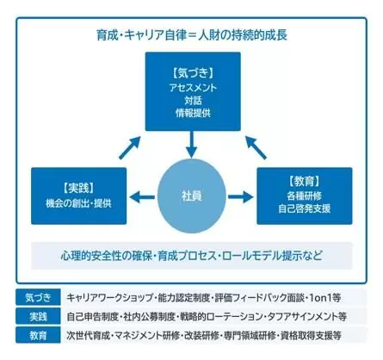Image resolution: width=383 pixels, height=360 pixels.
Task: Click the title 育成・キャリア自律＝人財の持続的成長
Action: [x=192, y=35]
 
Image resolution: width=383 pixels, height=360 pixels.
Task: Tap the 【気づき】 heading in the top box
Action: [x=193, y=73]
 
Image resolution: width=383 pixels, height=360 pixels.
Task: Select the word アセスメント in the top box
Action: [x=193, y=88]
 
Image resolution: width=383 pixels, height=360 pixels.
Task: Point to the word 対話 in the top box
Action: [x=193, y=100]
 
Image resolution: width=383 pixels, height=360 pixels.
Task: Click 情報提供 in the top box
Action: [x=193, y=113]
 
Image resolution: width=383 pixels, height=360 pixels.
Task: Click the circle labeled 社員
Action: [x=192, y=196]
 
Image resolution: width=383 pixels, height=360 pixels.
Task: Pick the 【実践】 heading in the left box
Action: [x=79, y=188]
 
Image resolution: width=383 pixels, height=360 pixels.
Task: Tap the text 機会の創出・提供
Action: [x=78, y=203]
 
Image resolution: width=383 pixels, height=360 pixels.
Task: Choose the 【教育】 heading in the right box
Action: [x=305, y=181]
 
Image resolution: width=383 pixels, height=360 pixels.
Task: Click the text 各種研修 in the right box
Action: [x=305, y=196]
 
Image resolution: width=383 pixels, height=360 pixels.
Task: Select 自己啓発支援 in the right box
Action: [x=305, y=208]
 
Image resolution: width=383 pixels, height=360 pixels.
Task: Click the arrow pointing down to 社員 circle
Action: [x=192, y=144]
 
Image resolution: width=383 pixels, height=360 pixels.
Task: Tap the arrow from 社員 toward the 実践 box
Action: [x=142, y=197]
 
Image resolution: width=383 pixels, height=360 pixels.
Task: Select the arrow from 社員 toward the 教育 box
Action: [x=241, y=197]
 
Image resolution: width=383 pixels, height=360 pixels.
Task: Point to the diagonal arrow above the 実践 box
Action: [x=130, y=147]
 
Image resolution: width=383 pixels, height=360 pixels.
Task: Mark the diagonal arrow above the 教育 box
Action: [x=256, y=147]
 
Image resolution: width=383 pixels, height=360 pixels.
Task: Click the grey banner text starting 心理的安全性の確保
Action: [x=191, y=256]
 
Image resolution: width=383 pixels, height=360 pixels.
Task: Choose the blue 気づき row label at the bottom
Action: [x=38, y=297]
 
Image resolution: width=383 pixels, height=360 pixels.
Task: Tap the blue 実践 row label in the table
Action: [x=38, y=316]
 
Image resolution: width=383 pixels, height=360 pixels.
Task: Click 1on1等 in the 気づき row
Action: [x=325, y=298]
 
